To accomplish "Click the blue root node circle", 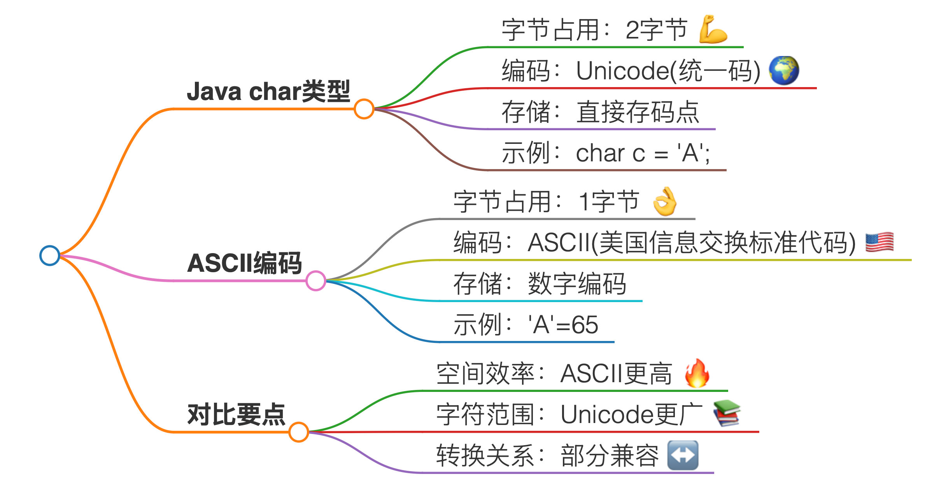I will point(50,255).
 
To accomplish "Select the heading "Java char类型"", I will point(268,91).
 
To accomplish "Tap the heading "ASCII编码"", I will point(244,263).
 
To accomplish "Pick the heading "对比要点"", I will point(236,414).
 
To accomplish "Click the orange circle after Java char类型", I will point(364,109).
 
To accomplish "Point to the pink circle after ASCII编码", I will point(315,281).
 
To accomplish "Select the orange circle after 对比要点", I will point(299,432).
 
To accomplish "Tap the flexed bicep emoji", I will point(713,30).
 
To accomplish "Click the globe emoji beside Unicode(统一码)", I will point(784,70).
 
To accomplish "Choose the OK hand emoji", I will point(665,201).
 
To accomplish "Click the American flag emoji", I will point(879,242).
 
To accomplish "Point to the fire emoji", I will point(697,373).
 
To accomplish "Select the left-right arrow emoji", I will point(683,455).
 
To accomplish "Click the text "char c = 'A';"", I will point(643,153).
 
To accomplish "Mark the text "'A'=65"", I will point(563,325).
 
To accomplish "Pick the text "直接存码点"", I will point(638,112).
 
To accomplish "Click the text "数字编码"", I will point(577,284).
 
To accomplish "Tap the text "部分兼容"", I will point(610,455).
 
